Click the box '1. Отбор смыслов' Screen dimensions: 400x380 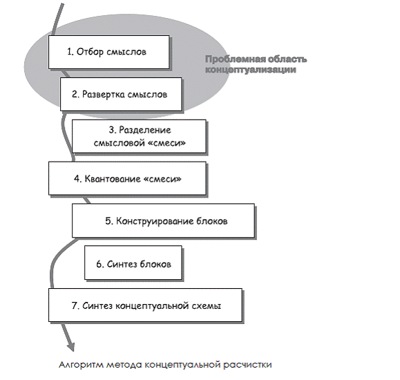pos(109,52)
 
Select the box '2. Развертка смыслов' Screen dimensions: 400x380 pos(121,94)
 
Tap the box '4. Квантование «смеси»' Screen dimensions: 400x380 pos(127,178)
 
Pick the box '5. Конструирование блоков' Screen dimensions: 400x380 pos(163,220)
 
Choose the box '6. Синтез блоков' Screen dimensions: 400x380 pos(133,263)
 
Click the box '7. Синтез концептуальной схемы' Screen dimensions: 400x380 pos(145,305)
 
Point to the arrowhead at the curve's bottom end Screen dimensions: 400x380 pos(70,346)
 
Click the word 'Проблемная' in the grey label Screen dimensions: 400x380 pos(231,59)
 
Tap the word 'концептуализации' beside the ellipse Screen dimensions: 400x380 pos(251,69)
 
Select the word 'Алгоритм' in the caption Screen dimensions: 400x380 pos(81,365)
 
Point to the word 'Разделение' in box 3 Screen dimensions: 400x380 pos(145,130)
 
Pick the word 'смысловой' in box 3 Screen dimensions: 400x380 pos(120,142)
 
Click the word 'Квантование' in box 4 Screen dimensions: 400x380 pos(112,179)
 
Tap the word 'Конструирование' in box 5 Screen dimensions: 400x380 pos(154,221)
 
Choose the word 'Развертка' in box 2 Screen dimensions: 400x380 pos(104,95)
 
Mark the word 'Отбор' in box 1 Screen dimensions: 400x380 pos(90,52)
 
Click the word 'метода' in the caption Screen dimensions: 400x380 pos(124,365)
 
